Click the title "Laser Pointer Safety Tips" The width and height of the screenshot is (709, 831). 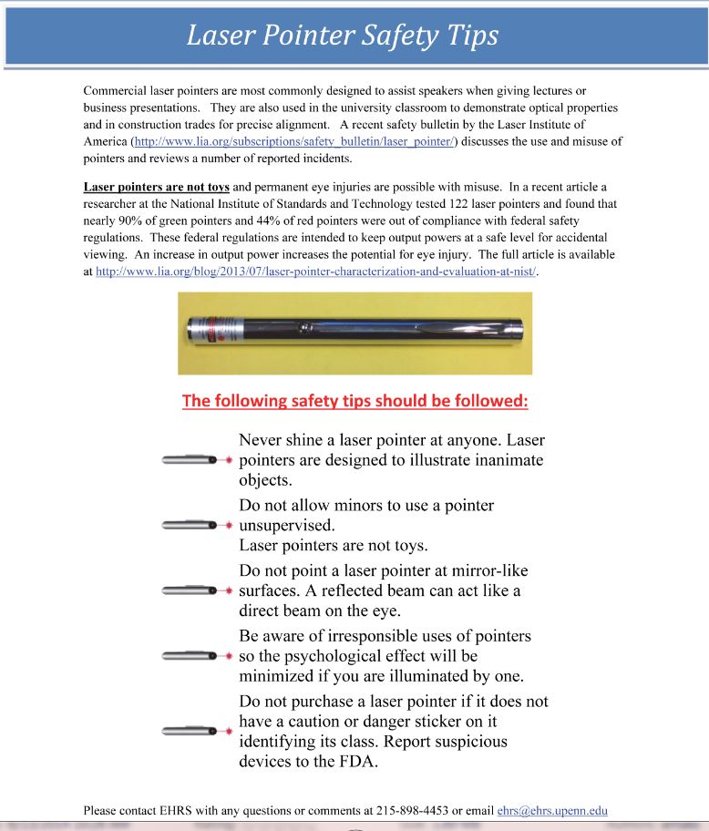343,36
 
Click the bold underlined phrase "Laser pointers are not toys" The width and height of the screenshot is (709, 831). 156,188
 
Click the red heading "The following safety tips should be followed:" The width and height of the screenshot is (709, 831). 354,401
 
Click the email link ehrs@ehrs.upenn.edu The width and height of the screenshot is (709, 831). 552,810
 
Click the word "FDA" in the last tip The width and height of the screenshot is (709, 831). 358,761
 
